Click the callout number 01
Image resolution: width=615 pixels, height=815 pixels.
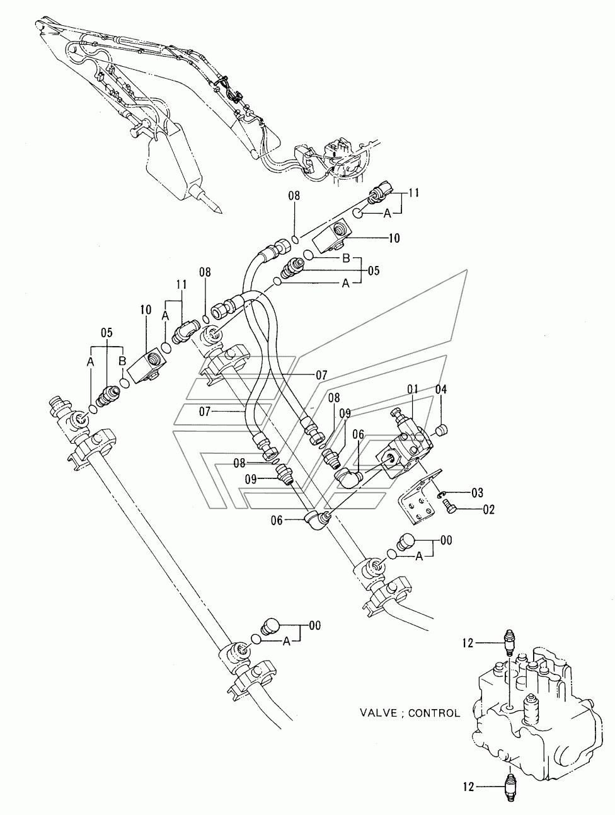tap(412, 390)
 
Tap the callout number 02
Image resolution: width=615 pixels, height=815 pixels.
tap(489, 509)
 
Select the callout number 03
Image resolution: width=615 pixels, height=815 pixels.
tap(477, 493)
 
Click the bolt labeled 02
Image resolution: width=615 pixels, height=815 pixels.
tap(450, 506)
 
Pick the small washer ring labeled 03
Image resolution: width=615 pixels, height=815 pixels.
tap(441, 493)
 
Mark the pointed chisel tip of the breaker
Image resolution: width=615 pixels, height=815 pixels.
tap(220, 212)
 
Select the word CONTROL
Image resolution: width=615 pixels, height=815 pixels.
tap(434, 713)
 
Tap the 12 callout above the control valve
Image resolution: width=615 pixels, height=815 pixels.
tap(469, 643)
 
